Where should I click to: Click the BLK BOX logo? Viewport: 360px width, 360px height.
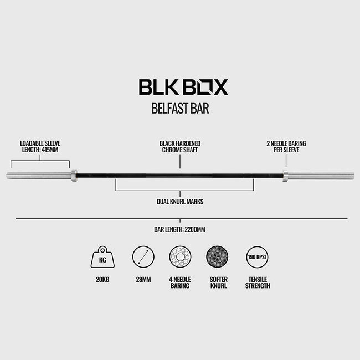(x=183, y=87)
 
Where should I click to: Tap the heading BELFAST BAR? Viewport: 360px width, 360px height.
(x=180, y=109)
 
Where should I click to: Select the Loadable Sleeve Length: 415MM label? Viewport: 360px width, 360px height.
(x=40, y=146)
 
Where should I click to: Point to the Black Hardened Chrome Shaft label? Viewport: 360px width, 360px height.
(x=180, y=146)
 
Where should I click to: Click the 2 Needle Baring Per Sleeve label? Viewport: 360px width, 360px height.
(x=286, y=146)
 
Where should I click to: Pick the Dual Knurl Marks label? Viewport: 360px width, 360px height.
(x=180, y=202)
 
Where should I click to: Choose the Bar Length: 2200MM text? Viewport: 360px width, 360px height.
(x=180, y=229)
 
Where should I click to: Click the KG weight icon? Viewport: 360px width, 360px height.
(x=102, y=257)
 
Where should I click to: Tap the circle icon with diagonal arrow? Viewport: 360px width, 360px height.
(x=143, y=257)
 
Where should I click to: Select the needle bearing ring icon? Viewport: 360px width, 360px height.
(x=180, y=257)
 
